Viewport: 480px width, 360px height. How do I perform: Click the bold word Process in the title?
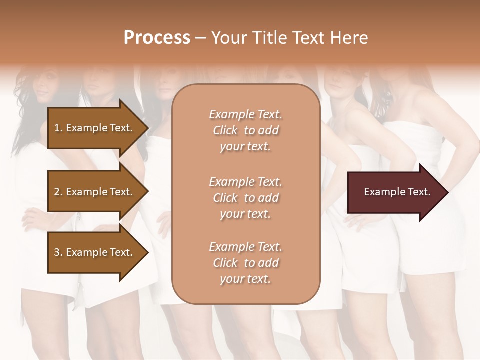[x=157, y=38]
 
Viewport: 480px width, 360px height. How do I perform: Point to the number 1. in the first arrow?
[x=58, y=128]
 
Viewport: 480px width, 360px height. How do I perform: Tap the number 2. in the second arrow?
[x=58, y=192]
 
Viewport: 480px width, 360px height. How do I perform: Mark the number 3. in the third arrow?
[x=58, y=253]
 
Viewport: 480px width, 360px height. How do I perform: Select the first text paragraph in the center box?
[x=245, y=130]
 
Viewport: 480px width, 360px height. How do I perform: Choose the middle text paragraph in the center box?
[x=245, y=198]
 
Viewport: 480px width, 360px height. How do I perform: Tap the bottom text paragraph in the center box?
[x=245, y=263]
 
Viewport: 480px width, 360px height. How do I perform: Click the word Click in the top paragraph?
[x=225, y=131]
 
